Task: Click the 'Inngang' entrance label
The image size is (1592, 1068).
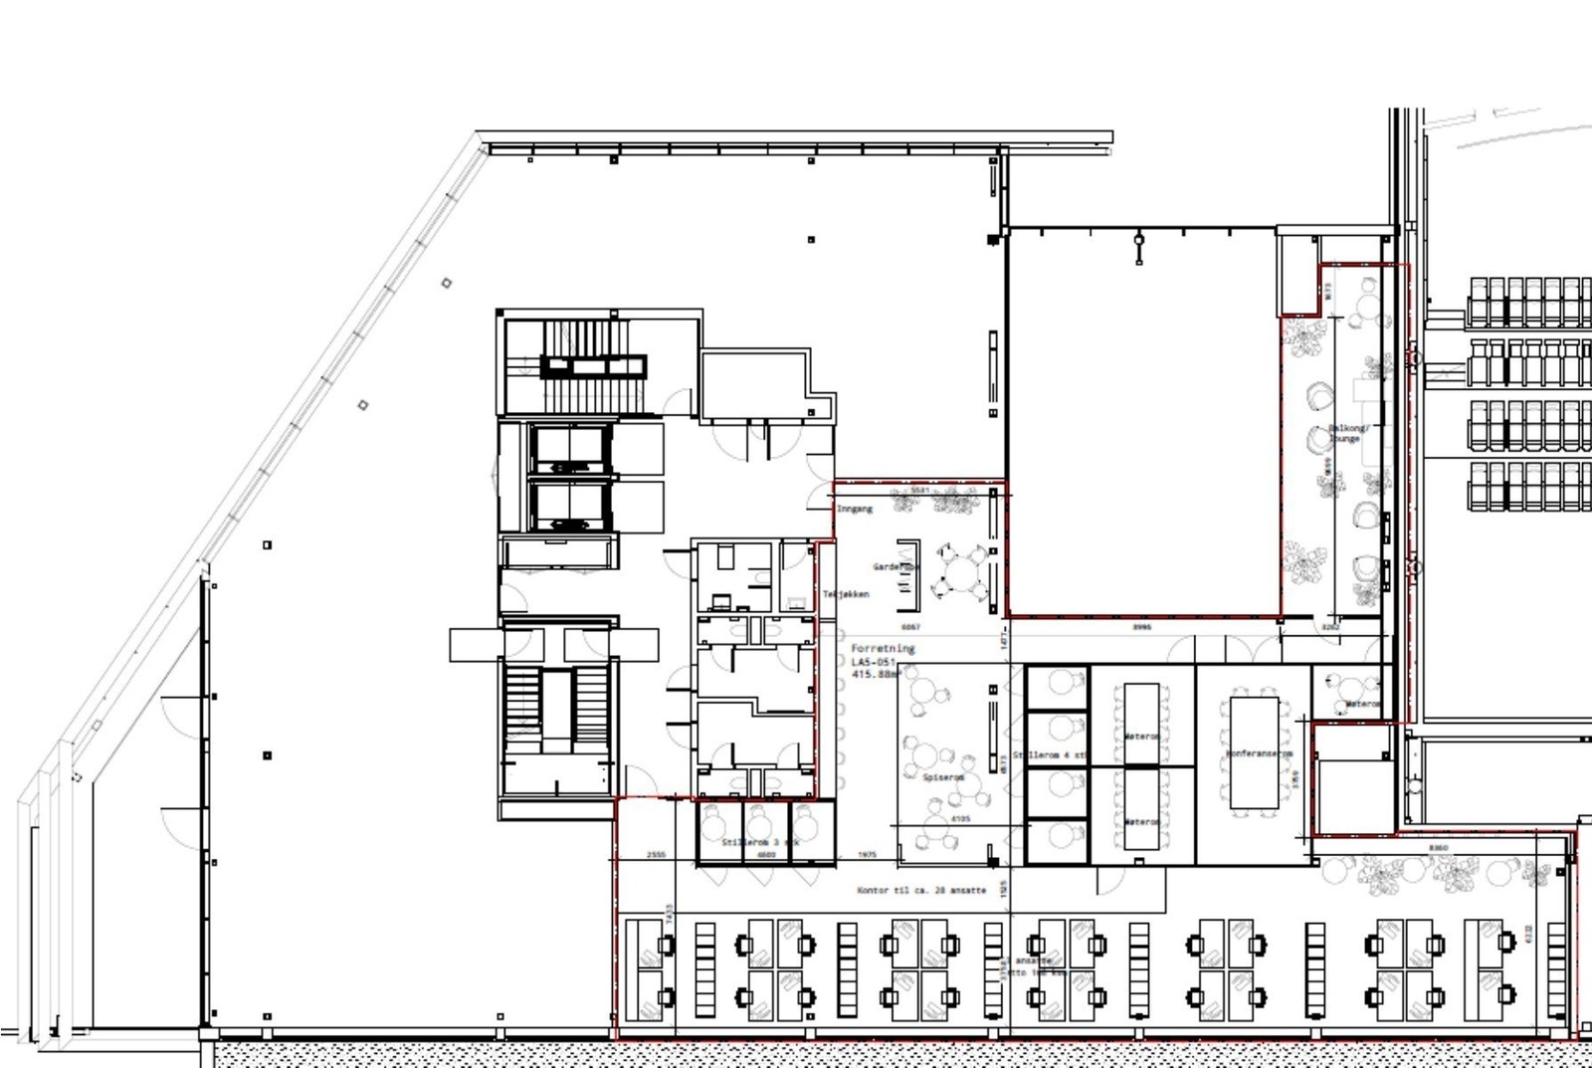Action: click(855, 509)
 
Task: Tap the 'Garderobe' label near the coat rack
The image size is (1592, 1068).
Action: click(895, 566)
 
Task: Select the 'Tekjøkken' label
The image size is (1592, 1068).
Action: click(846, 594)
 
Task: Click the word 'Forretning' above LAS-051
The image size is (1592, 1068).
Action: click(882, 648)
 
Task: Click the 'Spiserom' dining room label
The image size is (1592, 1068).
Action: click(942, 777)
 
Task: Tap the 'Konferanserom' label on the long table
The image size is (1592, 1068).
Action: click(1259, 753)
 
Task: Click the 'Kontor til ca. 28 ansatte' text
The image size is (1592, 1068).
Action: click(921, 890)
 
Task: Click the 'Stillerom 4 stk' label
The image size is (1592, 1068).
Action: click(1049, 755)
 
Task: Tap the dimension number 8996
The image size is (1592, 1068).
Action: click(1142, 627)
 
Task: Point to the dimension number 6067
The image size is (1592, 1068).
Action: click(910, 627)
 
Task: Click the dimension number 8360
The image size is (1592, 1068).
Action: click(1438, 848)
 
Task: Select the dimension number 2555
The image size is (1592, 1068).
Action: click(656, 855)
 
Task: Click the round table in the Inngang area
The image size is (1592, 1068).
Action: click(962, 574)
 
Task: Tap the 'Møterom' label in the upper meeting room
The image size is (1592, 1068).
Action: click(1141, 737)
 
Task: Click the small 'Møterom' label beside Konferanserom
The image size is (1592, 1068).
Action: click(1362, 704)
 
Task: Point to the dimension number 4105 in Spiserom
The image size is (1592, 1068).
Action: click(960, 819)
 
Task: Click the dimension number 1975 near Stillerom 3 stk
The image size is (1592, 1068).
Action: click(867, 855)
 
